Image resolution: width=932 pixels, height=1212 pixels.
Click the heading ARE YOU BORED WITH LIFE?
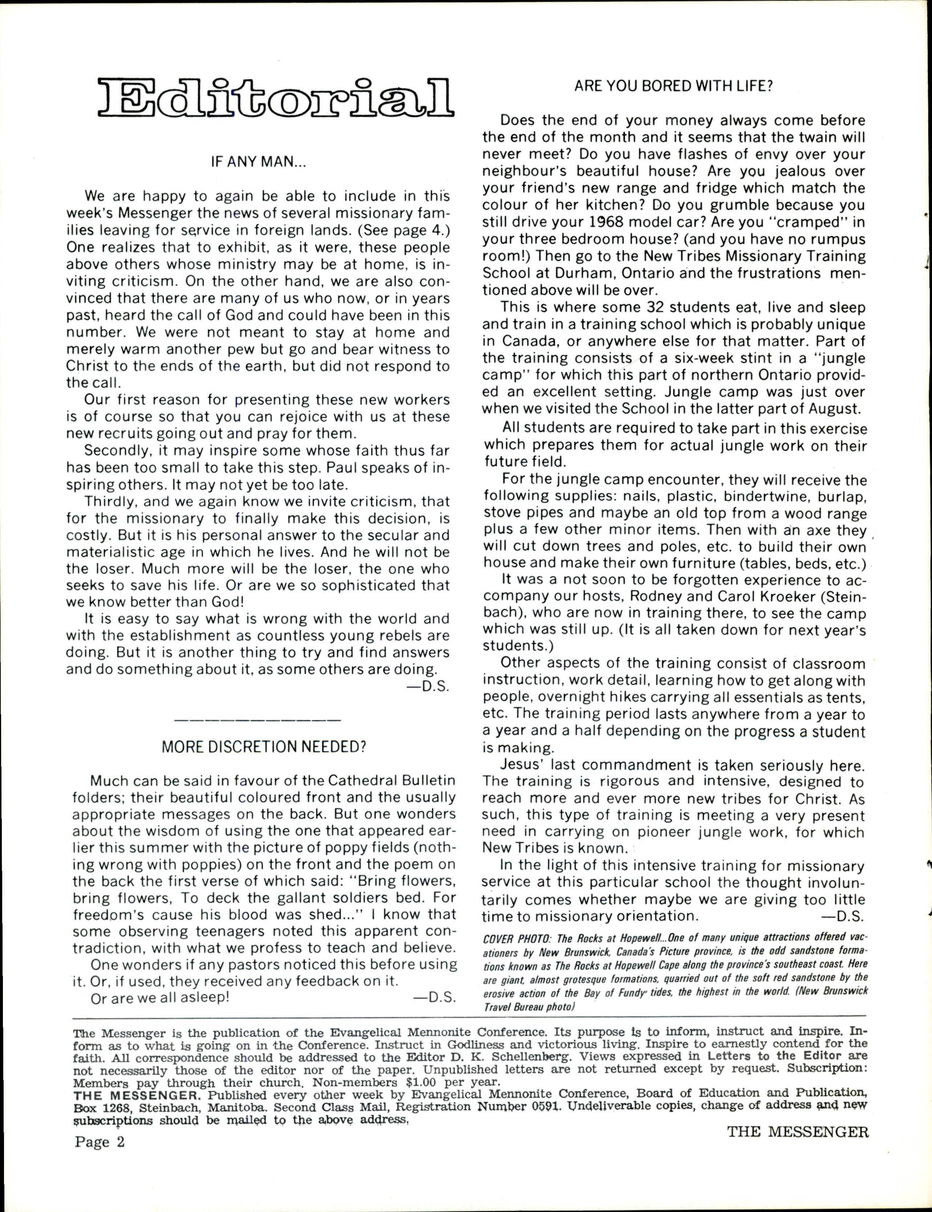click(674, 86)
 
